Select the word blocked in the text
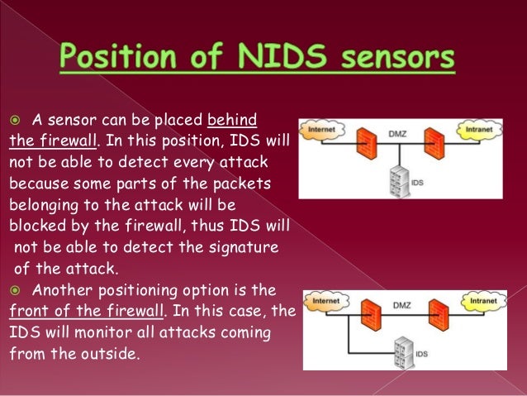pyautogui.click(x=38, y=224)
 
